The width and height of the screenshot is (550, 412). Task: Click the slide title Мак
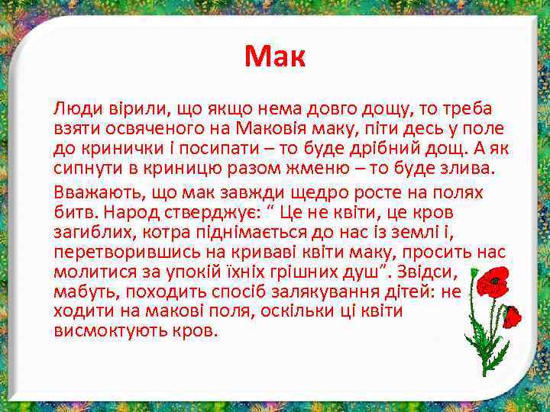(275, 56)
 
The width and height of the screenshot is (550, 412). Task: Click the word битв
(71, 211)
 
